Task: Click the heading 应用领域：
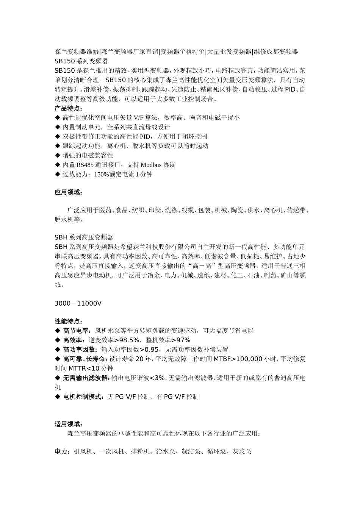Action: pyautogui.click(x=68, y=192)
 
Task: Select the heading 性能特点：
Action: pyautogui.click(x=68, y=321)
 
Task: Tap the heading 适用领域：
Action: pyautogui.click(x=68, y=424)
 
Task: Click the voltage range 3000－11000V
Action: pyautogui.click(x=78, y=303)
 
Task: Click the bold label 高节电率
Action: pyautogui.click(x=75, y=331)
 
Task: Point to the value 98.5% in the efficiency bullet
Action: pyautogui.click(x=129, y=340)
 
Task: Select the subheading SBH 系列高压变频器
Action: pyautogui.click(x=84, y=237)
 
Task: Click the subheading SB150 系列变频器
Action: pyautogui.click(x=81, y=61)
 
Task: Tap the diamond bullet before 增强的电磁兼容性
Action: pyautogui.click(x=58, y=155)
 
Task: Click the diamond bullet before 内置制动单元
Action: pyautogui.click(x=58, y=127)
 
